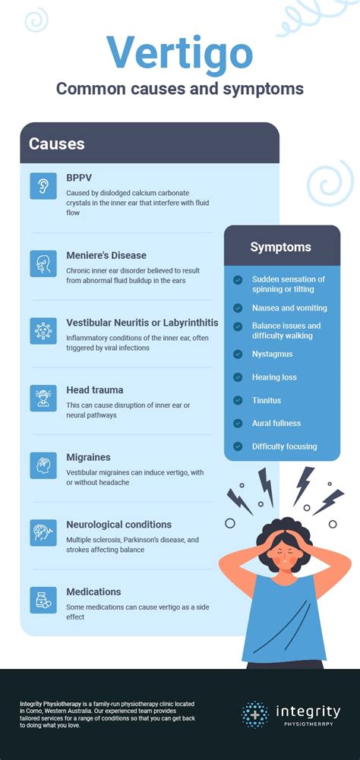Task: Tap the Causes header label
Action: coord(57,143)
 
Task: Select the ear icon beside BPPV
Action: coord(43,186)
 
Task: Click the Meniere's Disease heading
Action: coord(106,255)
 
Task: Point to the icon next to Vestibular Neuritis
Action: coord(43,331)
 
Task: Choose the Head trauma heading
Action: coord(94,389)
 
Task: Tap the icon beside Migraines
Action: coord(43,465)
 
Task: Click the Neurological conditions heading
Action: coord(118,524)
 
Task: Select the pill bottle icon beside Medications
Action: coord(43,599)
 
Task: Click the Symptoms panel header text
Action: coord(281,247)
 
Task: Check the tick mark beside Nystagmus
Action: coord(238,354)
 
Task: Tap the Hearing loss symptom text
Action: coord(274,377)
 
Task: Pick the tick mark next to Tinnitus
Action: coord(238,400)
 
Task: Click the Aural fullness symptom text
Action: coord(276,424)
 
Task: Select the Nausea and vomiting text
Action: coord(289,308)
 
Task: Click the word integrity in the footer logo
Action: coord(308,711)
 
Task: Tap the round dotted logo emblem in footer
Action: coord(255,715)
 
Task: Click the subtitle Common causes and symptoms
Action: coord(179,89)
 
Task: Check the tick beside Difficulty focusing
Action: coord(238,446)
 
